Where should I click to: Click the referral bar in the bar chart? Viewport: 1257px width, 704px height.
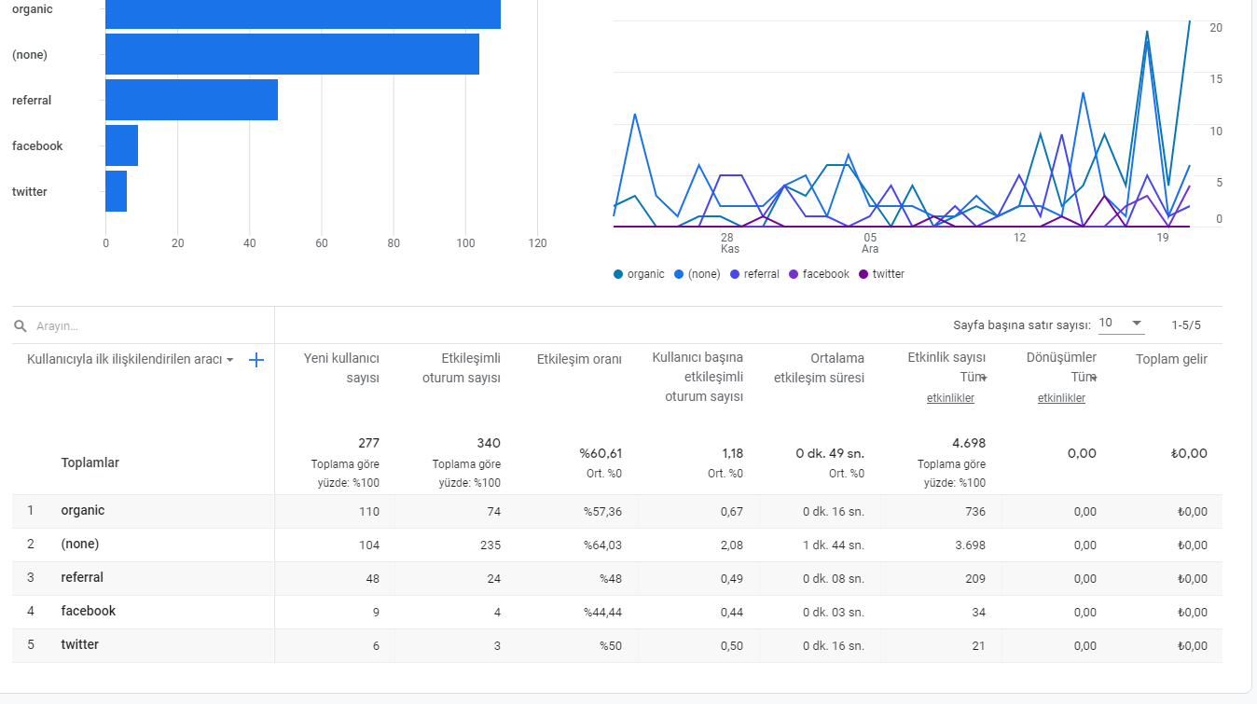click(x=191, y=100)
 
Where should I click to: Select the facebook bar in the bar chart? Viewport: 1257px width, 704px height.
click(x=122, y=145)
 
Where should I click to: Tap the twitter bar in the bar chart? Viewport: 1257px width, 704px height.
click(x=117, y=191)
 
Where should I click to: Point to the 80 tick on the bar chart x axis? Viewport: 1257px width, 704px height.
click(x=394, y=242)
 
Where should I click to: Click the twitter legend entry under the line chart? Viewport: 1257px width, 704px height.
click(x=881, y=274)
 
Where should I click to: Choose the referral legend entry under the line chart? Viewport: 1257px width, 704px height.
click(x=754, y=274)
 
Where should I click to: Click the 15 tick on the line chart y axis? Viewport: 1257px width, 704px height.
click(x=1215, y=79)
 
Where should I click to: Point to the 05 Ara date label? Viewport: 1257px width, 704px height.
click(x=870, y=243)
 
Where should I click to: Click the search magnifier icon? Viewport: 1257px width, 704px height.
click(x=21, y=326)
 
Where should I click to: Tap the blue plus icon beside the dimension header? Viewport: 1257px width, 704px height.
click(x=256, y=360)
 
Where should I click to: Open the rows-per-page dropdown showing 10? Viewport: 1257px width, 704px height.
click(x=1121, y=324)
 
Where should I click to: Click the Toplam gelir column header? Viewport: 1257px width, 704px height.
click(x=1172, y=360)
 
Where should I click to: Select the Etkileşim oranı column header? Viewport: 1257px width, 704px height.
click(x=579, y=360)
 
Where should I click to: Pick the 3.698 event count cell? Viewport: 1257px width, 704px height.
click(x=970, y=545)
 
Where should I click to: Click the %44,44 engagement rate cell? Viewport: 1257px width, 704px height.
click(x=602, y=613)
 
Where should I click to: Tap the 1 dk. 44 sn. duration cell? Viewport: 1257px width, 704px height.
click(x=834, y=545)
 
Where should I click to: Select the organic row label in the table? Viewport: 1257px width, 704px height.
click(x=82, y=510)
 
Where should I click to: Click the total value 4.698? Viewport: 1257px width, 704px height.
click(x=969, y=443)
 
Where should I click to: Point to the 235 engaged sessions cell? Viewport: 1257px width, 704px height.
click(x=490, y=545)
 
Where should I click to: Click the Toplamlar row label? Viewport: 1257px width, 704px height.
click(x=90, y=462)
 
